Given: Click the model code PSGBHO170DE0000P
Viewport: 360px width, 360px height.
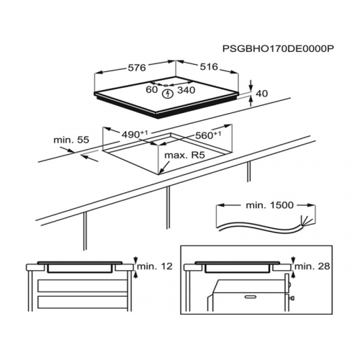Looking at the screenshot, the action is (279, 49).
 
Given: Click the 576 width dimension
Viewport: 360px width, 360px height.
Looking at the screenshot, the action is (137, 68).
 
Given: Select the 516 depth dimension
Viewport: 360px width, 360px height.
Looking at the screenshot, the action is (209, 66).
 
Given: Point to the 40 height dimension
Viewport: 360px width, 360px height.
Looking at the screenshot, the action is (262, 94).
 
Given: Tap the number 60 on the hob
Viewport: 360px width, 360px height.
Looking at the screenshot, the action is (152, 89).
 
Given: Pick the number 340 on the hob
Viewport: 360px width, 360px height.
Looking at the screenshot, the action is (186, 90).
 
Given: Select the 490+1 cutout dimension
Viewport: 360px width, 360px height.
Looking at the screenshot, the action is (135, 134).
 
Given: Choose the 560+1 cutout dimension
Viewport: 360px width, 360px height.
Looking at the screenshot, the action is (208, 135).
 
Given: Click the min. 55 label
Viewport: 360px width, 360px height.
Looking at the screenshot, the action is (71, 140).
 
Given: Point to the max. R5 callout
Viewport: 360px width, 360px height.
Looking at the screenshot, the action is (184, 156).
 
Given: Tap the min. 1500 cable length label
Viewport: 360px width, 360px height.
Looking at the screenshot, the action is (270, 205).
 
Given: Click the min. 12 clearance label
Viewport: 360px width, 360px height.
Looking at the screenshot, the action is (155, 266).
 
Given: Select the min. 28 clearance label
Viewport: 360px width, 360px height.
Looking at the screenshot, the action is (312, 266).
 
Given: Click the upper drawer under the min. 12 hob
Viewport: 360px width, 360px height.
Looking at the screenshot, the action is (82, 286).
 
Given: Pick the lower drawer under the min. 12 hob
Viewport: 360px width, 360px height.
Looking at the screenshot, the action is (82, 302).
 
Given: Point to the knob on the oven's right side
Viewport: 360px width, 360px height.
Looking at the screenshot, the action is (292, 298).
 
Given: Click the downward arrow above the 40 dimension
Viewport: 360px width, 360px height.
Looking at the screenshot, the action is (251, 86).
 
